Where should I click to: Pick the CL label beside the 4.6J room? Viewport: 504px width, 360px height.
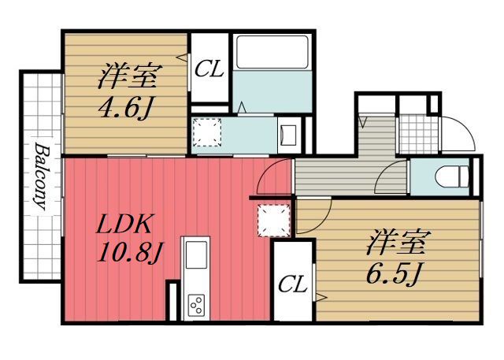click(209, 69)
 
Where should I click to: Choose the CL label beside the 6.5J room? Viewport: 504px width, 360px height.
click(292, 284)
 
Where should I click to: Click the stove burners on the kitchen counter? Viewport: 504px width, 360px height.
click(196, 303)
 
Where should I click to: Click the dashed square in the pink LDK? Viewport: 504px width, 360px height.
click(273, 219)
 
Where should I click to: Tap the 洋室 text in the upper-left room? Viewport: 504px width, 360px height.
click(129, 78)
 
